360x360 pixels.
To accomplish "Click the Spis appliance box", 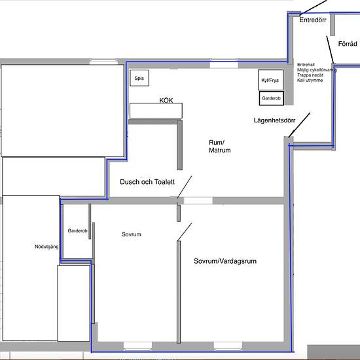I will [139, 79].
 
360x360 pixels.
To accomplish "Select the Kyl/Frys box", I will [271, 80].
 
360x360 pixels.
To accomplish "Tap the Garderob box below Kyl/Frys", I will [271, 98].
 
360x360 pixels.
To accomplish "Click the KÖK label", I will [169, 101].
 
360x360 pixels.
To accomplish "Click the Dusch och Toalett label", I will [147, 182].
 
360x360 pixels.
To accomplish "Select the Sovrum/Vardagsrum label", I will [225, 261].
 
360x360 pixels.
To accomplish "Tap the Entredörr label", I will [312, 20].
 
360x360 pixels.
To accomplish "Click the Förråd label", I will [348, 44].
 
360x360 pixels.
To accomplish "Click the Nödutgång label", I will [46, 247].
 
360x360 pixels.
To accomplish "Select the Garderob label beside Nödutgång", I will [77, 230].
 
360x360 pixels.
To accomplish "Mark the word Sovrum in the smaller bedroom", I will [132, 234].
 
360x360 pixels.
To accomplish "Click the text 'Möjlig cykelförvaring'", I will [317, 70].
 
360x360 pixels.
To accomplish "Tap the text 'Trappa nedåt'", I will [311, 75].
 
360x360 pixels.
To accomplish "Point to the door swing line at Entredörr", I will [314, 6].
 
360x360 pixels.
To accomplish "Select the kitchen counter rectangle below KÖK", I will [155, 111].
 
